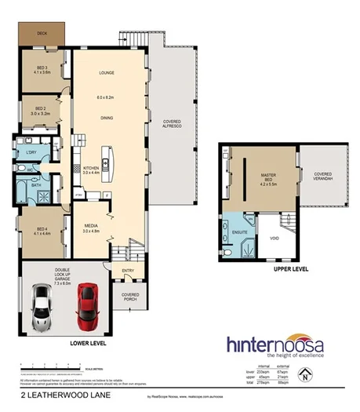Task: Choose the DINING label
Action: (x=107, y=118)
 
